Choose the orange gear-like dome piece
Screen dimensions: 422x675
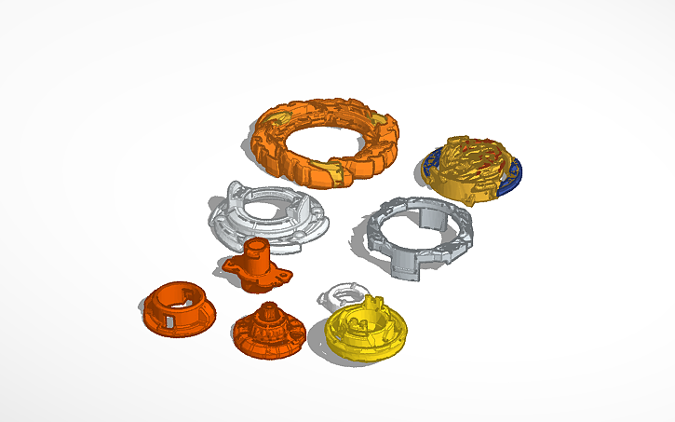(268, 331)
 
